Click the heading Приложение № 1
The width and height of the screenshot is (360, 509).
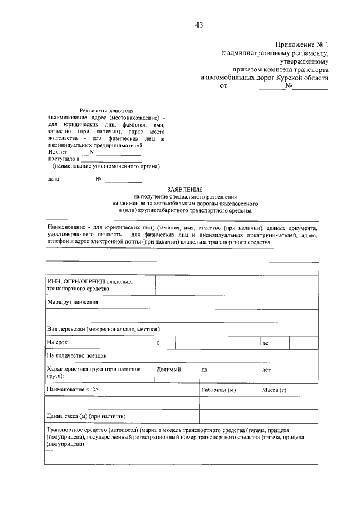pos(302,44)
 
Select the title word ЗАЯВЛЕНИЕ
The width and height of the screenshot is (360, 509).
pos(184,190)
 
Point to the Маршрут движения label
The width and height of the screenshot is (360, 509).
pos(73,302)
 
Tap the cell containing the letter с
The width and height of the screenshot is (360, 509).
pos(159,343)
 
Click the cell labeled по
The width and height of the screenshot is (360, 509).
pos(265,343)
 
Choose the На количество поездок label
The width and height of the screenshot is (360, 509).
pos(77,356)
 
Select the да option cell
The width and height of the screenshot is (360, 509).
pos(205,370)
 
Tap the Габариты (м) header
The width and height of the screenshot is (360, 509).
pos(218,390)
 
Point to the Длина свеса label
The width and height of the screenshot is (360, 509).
pos(85,416)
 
